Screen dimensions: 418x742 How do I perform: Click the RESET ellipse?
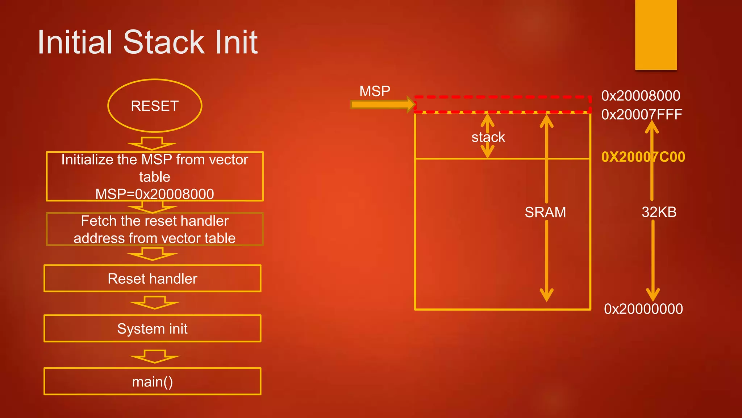click(x=155, y=106)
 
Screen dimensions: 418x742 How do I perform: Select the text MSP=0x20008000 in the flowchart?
click(x=155, y=194)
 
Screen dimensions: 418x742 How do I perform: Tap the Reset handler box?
click(x=153, y=279)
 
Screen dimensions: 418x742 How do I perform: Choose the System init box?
click(x=153, y=329)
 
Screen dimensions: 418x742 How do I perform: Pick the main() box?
click(x=153, y=382)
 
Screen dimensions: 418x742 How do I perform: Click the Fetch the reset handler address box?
click(x=155, y=229)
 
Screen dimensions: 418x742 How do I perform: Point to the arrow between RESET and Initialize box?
click(x=152, y=144)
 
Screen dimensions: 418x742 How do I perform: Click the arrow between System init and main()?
click(x=155, y=356)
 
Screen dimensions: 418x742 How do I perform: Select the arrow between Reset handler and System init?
click(x=155, y=303)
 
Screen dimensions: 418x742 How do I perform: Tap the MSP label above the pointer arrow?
click(x=375, y=91)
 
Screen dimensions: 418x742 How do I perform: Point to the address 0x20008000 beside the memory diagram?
click(x=641, y=96)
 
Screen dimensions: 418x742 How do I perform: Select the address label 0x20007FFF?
click(x=642, y=115)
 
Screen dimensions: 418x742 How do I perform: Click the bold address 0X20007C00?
click(x=643, y=157)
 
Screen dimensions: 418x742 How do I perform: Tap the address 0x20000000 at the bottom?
click(x=643, y=309)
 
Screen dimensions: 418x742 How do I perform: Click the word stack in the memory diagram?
click(x=488, y=137)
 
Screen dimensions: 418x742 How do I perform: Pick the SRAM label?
click(x=545, y=212)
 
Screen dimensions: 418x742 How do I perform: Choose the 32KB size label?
click(x=659, y=212)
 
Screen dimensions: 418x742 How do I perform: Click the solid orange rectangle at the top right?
click(x=656, y=35)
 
